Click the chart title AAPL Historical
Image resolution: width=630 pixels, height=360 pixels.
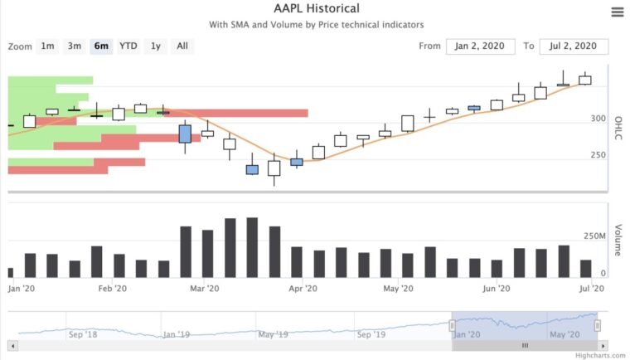(316, 9)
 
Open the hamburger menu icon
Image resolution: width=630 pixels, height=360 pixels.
(617, 12)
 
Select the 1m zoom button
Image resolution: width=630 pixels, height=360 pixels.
(47, 46)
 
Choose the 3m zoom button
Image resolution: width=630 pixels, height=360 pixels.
(75, 46)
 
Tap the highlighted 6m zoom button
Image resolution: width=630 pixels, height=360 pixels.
(101, 46)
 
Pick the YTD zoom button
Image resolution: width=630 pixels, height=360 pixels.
(128, 46)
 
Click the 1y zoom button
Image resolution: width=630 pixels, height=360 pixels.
(155, 46)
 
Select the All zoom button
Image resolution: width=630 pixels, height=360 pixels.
(182, 46)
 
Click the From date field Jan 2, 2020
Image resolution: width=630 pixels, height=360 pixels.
(480, 46)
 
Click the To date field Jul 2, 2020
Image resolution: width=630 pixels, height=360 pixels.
(573, 46)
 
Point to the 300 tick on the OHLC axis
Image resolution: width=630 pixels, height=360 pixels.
(598, 119)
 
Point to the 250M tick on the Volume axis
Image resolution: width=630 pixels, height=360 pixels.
(595, 236)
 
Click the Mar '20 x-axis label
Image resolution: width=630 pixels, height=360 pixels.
(204, 289)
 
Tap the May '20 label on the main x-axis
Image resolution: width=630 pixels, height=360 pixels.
(399, 289)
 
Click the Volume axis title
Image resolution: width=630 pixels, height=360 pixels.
(618, 240)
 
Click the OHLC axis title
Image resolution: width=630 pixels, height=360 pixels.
(618, 134)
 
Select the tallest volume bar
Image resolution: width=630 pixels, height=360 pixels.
(252, 247)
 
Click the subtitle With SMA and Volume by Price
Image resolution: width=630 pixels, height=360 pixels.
(316, 26)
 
